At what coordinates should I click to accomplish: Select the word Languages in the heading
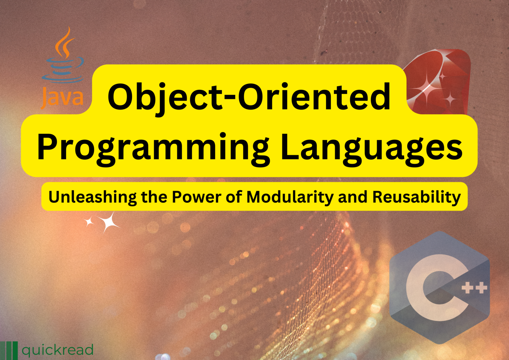(x=371, y=147)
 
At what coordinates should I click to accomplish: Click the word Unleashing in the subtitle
(x=92, y=197)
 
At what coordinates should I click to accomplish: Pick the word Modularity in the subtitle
(x=290, y=197)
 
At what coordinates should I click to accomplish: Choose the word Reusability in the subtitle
(x=417, y=197)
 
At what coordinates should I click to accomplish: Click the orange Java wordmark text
(x=62, y=97)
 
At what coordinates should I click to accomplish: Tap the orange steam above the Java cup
(x=65, y=43)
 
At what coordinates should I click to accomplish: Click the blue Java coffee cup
(x=63, y=70)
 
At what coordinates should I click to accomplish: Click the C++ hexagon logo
(x=439, y=287)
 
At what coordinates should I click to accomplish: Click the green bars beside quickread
(x=9, y=350)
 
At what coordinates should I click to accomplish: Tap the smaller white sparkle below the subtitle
(x=89, y=222)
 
